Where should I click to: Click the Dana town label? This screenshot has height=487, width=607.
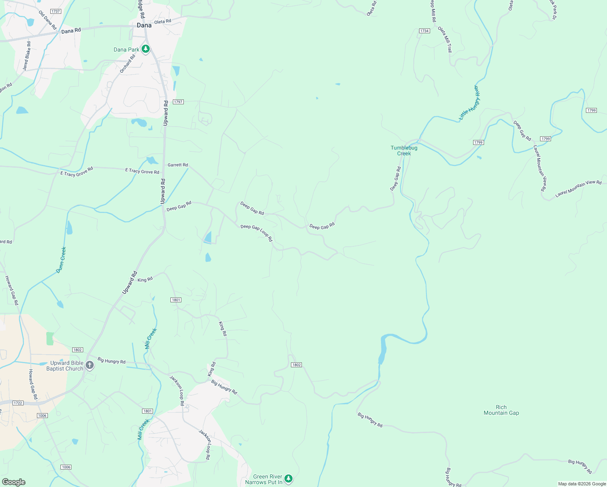click(x=144, y=25)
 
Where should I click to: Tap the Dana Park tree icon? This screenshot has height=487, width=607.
click(x=146, y=49)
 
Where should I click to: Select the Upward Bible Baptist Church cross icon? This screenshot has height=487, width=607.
click(x=90, y=366)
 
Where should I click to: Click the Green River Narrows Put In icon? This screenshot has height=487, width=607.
click(x=288, y=479)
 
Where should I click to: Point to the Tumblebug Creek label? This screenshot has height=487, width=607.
click(x=404, y=151)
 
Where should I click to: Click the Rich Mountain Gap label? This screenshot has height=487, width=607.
click(x=501, y=410)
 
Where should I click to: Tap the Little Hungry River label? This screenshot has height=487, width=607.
click(x=469, y=103)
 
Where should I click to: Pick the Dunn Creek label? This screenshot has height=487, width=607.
click(x=61, y=260)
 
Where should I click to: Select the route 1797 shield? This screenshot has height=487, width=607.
click(x=178, y=102)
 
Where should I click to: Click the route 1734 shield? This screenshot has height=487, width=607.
click(x=424, y=31)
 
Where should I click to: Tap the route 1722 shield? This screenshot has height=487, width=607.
click(x=18, y=403)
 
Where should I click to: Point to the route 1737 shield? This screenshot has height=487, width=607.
click(x=56, y=11)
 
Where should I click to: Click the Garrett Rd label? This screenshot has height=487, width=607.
click(x=178, y=165)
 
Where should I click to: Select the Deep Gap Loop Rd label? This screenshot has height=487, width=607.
click(x=256, y=233)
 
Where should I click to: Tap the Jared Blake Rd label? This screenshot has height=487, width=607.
click(x=27, y=56)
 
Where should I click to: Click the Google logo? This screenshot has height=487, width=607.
click(x=13, y=482)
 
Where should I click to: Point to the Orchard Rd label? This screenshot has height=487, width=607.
click(x=127, y=64)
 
